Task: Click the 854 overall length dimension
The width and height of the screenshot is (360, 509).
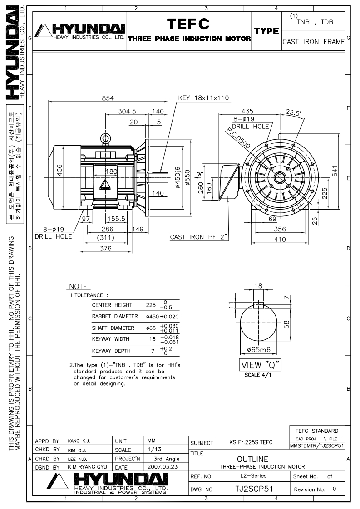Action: pos(107,98)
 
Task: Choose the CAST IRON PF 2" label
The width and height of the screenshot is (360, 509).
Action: pos(199,237)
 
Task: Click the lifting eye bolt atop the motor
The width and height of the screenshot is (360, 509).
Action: pos(106,138)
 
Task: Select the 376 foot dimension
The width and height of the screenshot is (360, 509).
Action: pos(106,248)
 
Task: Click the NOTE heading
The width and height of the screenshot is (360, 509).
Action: pos(78,287)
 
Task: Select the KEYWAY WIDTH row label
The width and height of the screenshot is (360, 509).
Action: pos(111,339)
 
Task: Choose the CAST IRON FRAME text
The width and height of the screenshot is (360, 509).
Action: pos(313,42)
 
